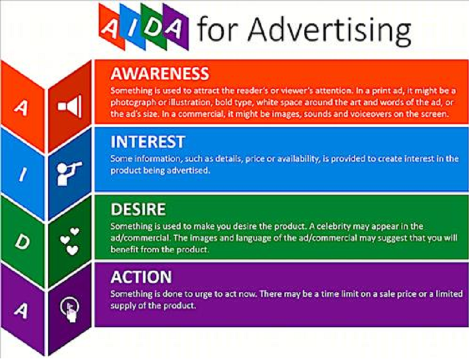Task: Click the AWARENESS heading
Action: click(x=160, y=74)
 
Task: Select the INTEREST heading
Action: click(x=148, y=141)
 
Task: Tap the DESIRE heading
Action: click(x=138, y=209)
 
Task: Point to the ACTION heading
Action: click(x=141, y=277)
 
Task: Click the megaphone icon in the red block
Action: click(x=70, y=107)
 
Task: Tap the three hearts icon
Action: click(x=70, y=241)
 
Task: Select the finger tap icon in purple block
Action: click(x=70, y=310)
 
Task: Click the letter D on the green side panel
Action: click(x=22, y=242)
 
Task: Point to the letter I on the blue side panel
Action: click(x=23, y=174)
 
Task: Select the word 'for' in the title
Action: click(x=217, y=29)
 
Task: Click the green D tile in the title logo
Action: click(x=153, y=27)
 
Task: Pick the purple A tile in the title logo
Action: click(x=175, y=27)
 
